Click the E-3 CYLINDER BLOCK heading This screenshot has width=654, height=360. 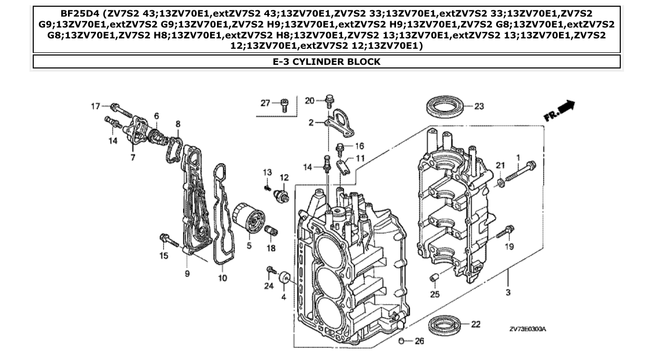pyautogui.click(x=326, y=62)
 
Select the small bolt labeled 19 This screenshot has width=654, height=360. pyautogui.click(x=505, y=231)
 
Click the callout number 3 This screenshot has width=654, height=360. pyautogui.click(x=508, y=293)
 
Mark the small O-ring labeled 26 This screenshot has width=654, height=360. pyautogui.click(x=401, y=341)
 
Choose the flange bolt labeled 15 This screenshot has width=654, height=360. pyautogui.click(x=169, y=240)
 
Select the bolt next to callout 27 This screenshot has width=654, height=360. pyautogui.click(x=284, y=105)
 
